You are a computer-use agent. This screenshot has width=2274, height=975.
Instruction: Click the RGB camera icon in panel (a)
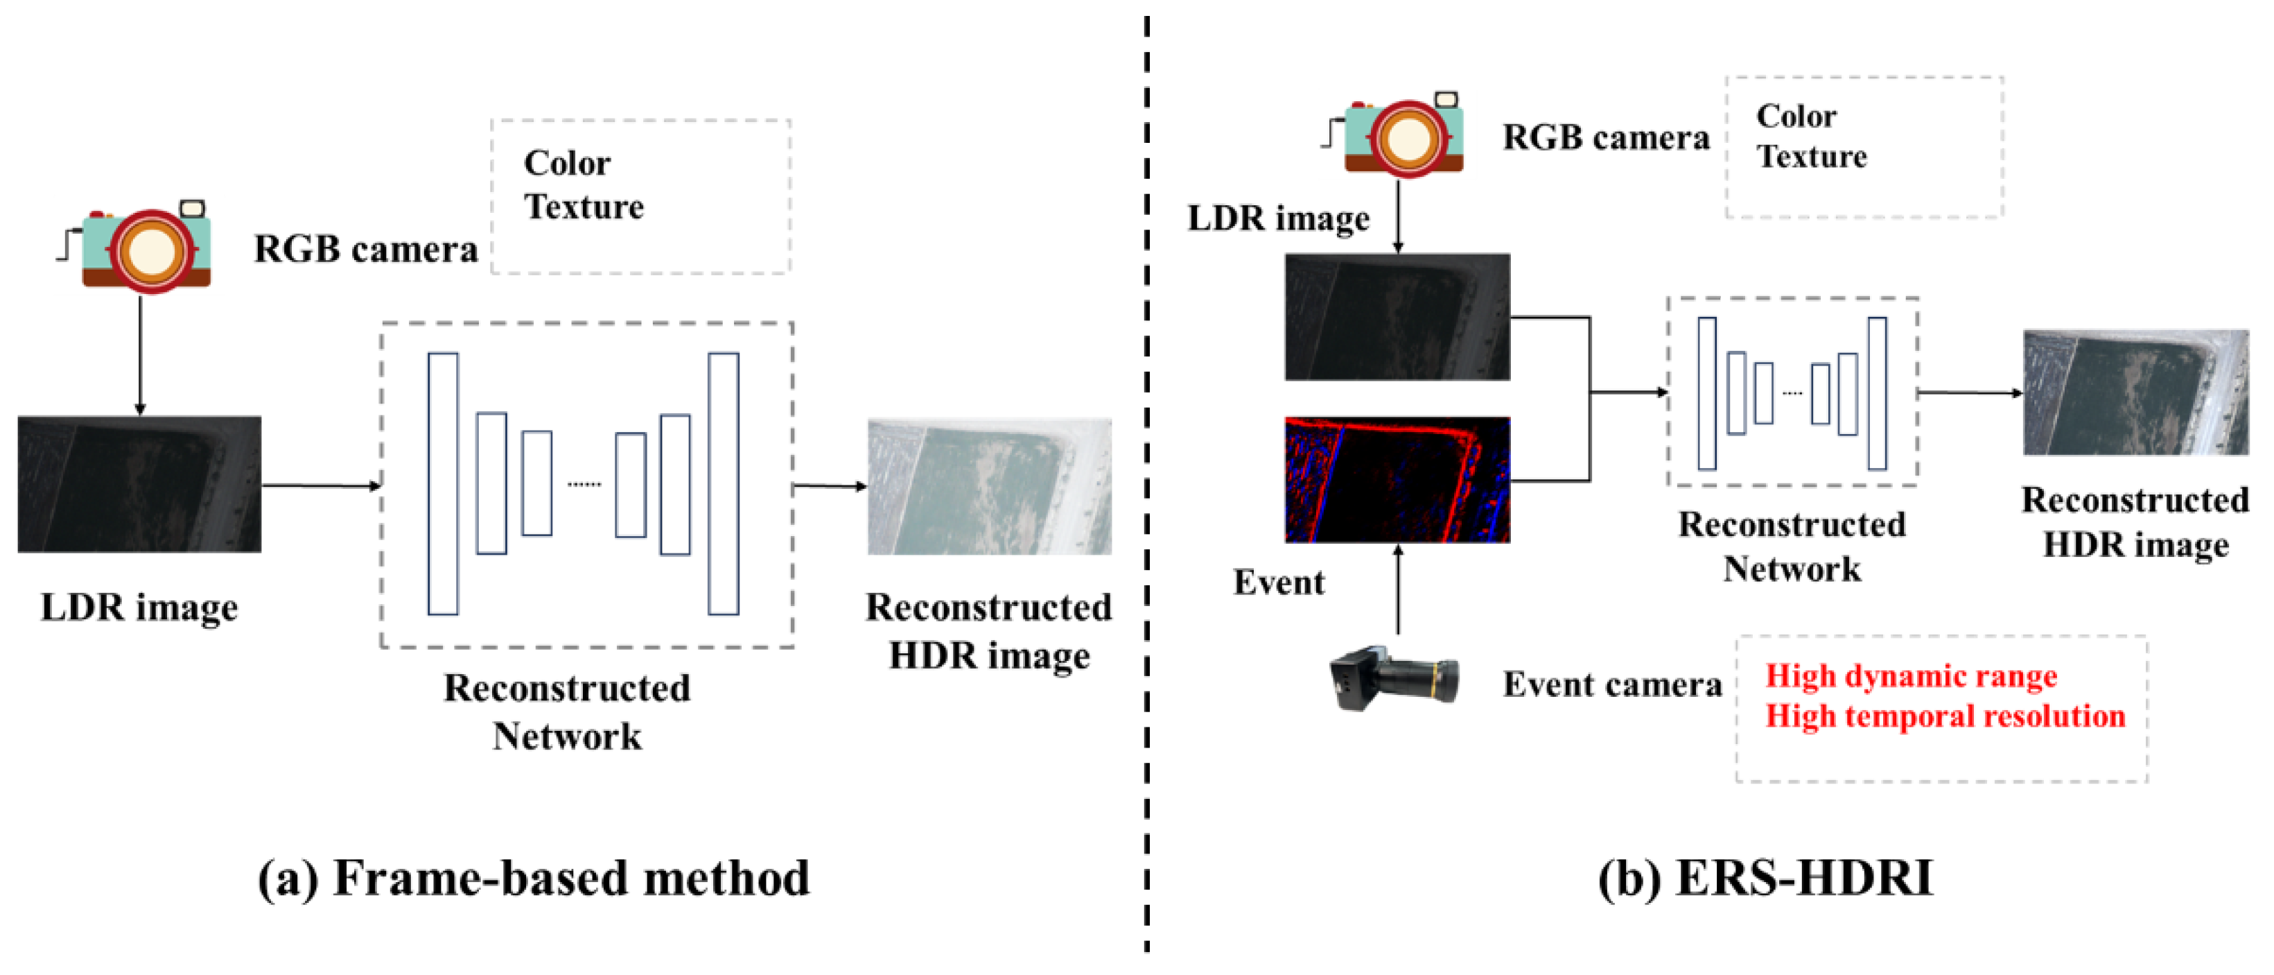(x=146, y=248)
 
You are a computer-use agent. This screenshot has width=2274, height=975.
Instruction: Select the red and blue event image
(x=1397, y=480)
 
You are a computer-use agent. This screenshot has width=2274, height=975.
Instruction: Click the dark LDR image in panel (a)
(x=139, y=484)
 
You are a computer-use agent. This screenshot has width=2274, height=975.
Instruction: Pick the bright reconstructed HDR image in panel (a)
(x=989, y=485)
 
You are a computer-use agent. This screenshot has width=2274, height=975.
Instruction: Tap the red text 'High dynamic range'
(x=1910, y=675)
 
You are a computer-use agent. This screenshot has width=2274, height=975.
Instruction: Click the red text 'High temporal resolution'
(x=1945, y=716)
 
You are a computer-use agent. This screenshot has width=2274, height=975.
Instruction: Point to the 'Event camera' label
(x=1612, y=684)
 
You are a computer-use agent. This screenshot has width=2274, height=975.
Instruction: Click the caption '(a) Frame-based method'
(x=533, y=879)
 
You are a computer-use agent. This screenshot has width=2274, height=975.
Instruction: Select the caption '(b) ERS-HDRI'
(x=1765, y=879)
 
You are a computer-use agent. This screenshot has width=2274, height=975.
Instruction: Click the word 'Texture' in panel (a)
(x=584, y=207)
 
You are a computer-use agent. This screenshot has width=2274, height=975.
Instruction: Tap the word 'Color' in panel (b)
(x=1796, y=116)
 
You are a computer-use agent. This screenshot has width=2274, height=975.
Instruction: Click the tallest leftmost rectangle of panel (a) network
(x=443, y=483)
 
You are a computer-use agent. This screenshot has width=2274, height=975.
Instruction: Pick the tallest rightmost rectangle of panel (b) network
(x=1877, y=393)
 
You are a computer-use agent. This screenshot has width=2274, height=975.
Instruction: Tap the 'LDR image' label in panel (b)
(x=1278, y=218)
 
